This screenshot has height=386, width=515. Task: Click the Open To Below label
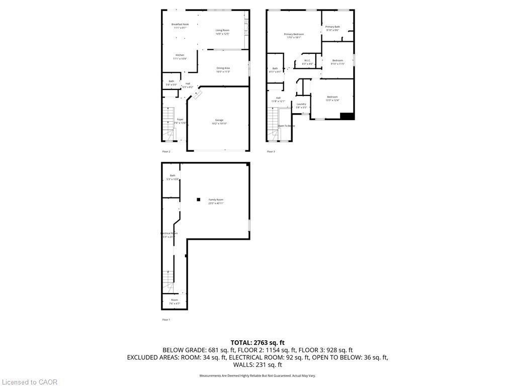[x=286, y=126]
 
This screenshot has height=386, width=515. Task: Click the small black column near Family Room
[x=199, y=200]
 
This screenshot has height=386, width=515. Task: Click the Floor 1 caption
[x=166, y=320]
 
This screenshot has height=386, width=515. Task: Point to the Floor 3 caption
[x=271, y=151]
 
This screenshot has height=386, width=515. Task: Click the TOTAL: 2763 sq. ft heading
[x=257, y=342]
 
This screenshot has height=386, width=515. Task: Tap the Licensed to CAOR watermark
[x=29, y=382]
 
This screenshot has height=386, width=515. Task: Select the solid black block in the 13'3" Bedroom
[x=347, y=116]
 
